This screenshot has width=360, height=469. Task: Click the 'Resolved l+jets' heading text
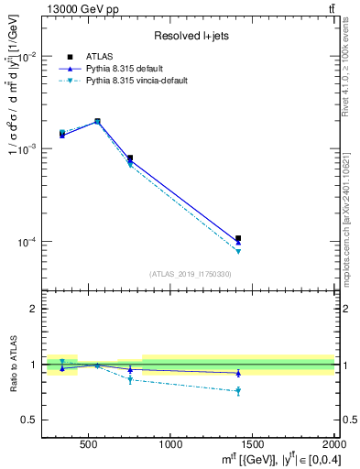[x=189, y=36]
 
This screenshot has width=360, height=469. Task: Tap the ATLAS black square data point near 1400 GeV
[x=238, y=238]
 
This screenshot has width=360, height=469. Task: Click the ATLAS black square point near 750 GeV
[x=130, y=158]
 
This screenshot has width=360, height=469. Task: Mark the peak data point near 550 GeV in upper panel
[x=97, y=121]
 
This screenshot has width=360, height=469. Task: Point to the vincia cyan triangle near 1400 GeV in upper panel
[x=238, y=251]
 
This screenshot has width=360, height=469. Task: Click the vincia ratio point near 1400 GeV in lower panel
[x=238, y=391]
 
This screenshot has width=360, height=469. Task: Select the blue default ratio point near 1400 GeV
[x=238, y=373]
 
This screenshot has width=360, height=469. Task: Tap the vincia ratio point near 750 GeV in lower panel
[x=130, y=379]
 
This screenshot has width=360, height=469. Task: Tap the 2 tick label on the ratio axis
[x=31, y=309]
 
